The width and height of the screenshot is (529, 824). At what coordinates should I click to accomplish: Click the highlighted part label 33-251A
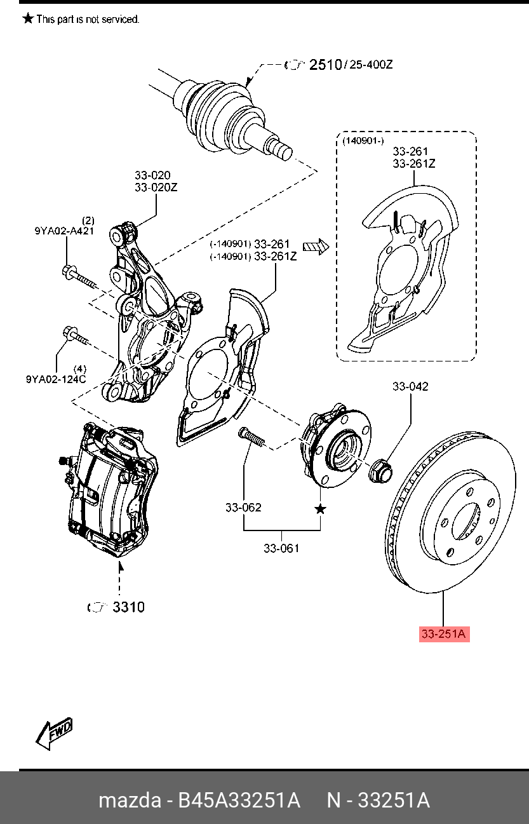coord(443,633)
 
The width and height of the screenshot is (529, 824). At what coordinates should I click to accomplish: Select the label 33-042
coord(410,386)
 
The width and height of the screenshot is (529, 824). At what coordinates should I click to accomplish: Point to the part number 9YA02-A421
coord(64,231)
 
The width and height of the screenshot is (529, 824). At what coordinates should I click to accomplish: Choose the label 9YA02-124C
coord(56,379)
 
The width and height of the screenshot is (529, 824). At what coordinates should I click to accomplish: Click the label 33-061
coord(281,548)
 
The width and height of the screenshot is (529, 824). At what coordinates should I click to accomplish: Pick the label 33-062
coord(243,507)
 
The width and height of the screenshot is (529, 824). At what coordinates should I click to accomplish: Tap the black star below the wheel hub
coord(321,509)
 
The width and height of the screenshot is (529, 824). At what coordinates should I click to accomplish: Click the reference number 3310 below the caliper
coord(128,607)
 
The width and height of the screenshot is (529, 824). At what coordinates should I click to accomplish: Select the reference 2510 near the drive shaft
coord(325,64)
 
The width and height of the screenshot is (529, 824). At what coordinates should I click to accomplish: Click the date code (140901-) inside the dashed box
coord(363,141)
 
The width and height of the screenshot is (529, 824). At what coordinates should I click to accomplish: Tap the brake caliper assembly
coord(111,489)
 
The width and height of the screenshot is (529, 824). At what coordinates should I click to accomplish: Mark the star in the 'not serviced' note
coord(28,19)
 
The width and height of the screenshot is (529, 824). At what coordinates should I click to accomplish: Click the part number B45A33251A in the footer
coord(238,800)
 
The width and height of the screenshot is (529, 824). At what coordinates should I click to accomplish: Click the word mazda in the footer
coord(130,800)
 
